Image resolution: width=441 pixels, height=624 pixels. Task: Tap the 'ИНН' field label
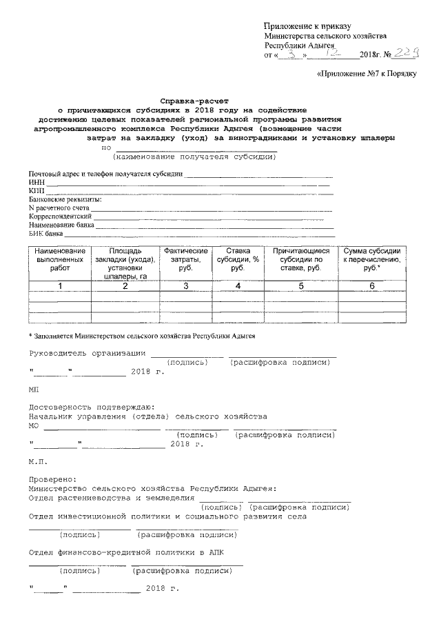point(36,182)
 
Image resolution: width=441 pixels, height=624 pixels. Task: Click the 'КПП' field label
point(36,191)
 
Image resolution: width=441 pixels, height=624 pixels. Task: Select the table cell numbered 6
point(371,285)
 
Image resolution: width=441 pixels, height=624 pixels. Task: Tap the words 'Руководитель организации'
point(87,354)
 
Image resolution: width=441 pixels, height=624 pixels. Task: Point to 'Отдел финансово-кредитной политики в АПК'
point(126,553)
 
